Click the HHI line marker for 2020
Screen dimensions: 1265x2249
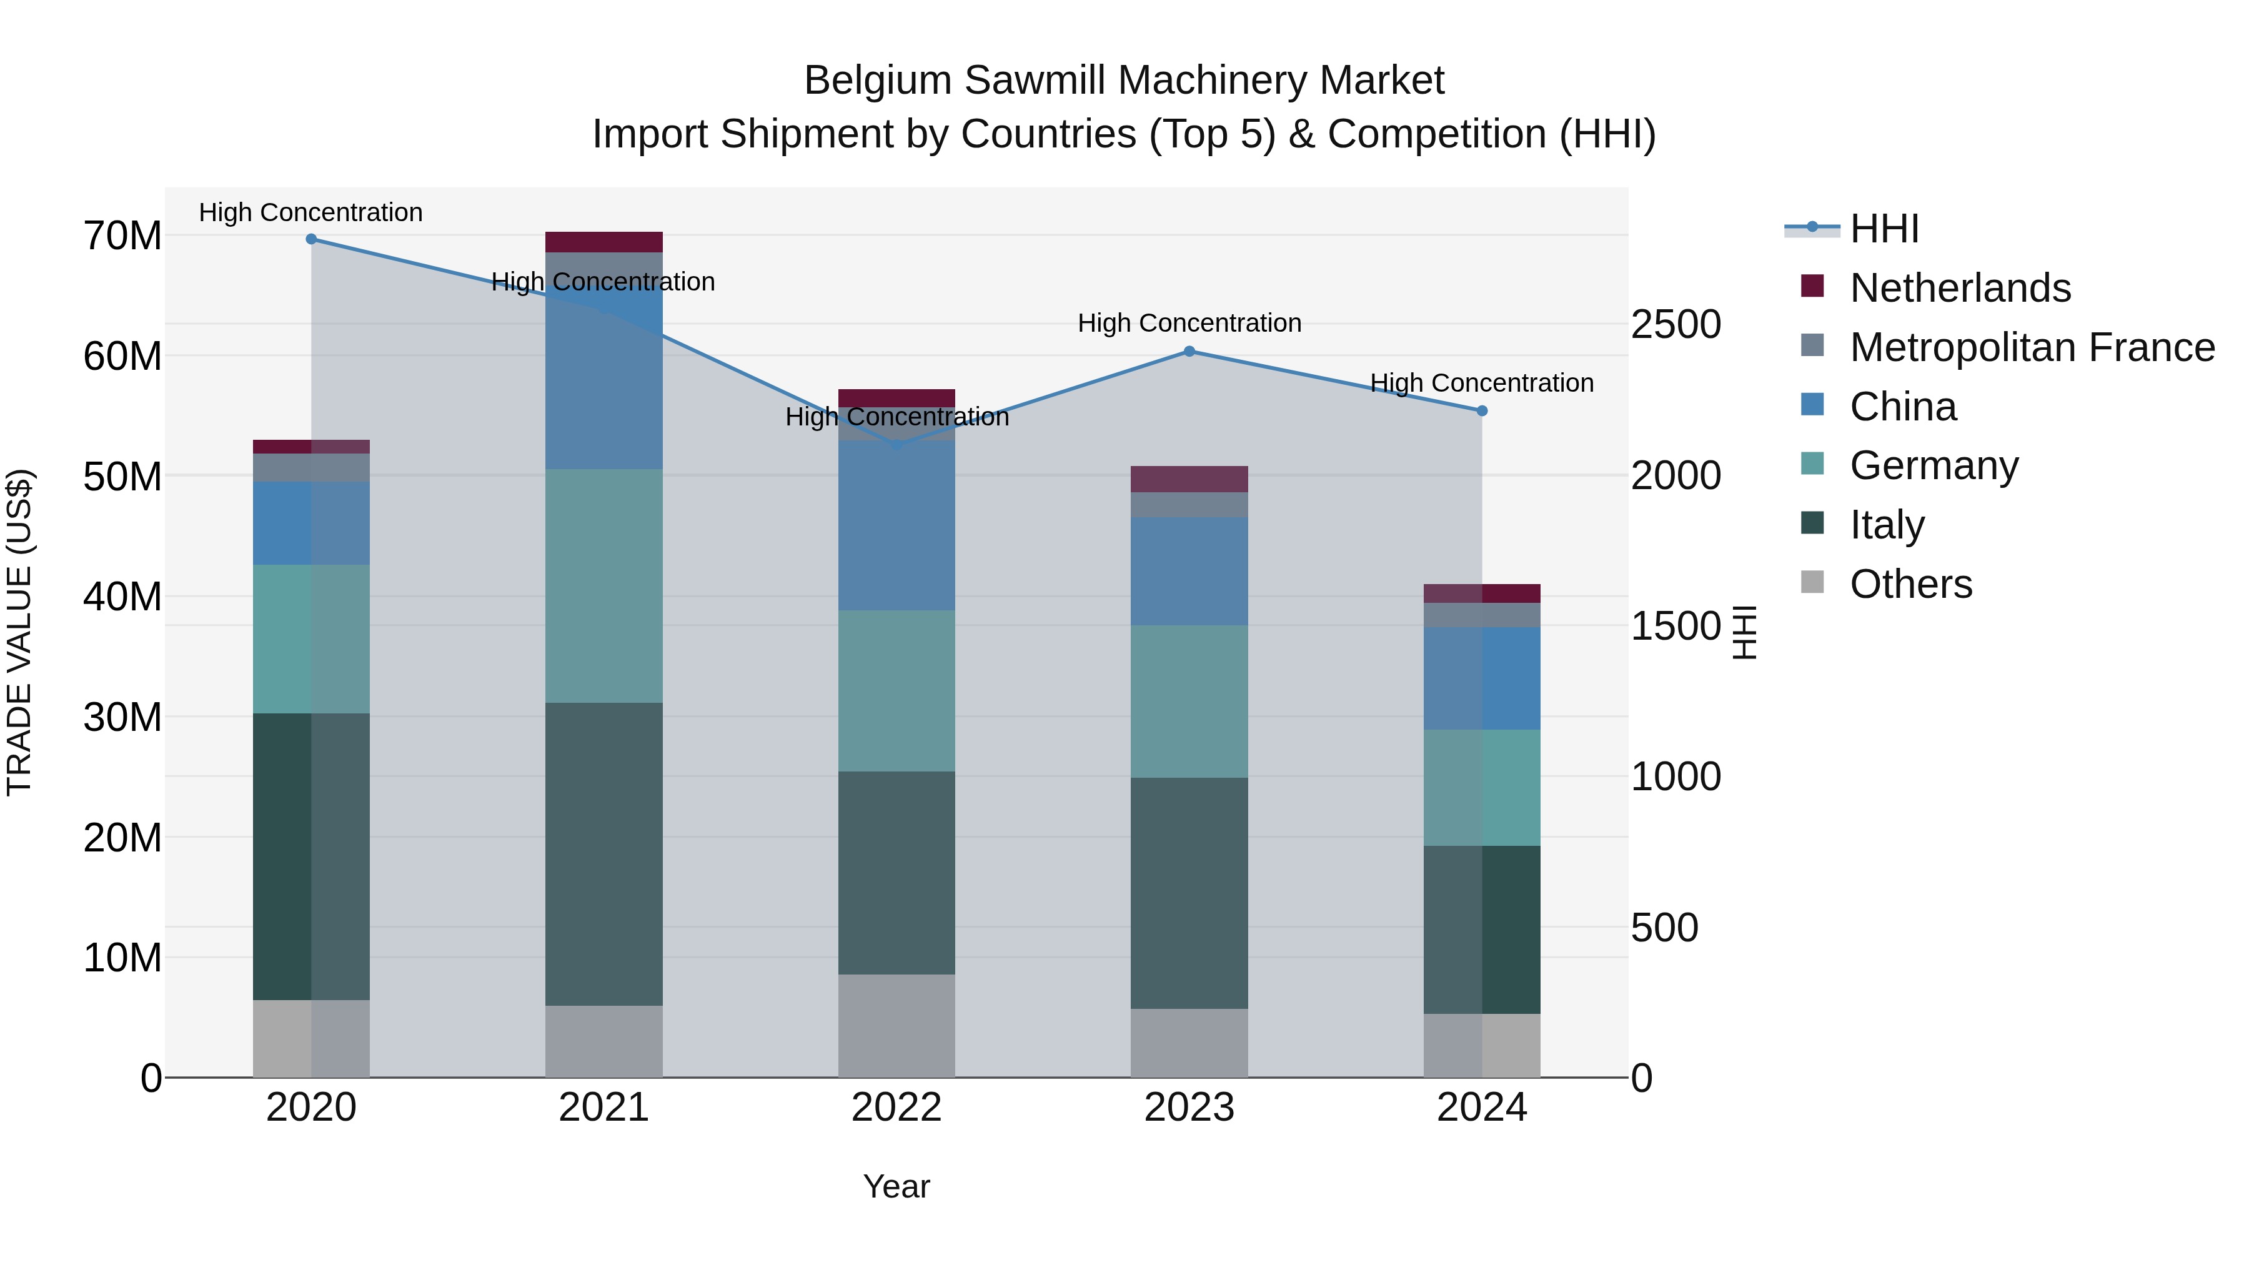[311, 239]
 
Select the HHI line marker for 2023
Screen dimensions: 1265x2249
[1189, 352]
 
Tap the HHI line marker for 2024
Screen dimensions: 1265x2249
[1482, 411]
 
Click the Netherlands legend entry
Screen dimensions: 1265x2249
[1959, 288]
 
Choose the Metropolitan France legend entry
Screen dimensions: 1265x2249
[2032, 347]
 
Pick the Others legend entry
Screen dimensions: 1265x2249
[1910, 584]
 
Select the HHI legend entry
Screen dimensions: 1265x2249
[1884, 229]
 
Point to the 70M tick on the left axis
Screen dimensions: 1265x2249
[122, 236]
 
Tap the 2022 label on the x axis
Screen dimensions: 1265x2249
[896, 1108]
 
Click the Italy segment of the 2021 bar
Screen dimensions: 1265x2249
[603, 854]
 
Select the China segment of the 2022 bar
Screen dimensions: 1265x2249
[896, 525]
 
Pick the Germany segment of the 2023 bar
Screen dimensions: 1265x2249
[1189, 701]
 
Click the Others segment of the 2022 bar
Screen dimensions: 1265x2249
[896, 1026]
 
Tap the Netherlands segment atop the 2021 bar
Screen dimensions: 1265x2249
[603, 242]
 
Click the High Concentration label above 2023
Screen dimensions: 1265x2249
[1189, 323]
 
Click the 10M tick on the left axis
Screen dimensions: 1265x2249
[122, 958]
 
